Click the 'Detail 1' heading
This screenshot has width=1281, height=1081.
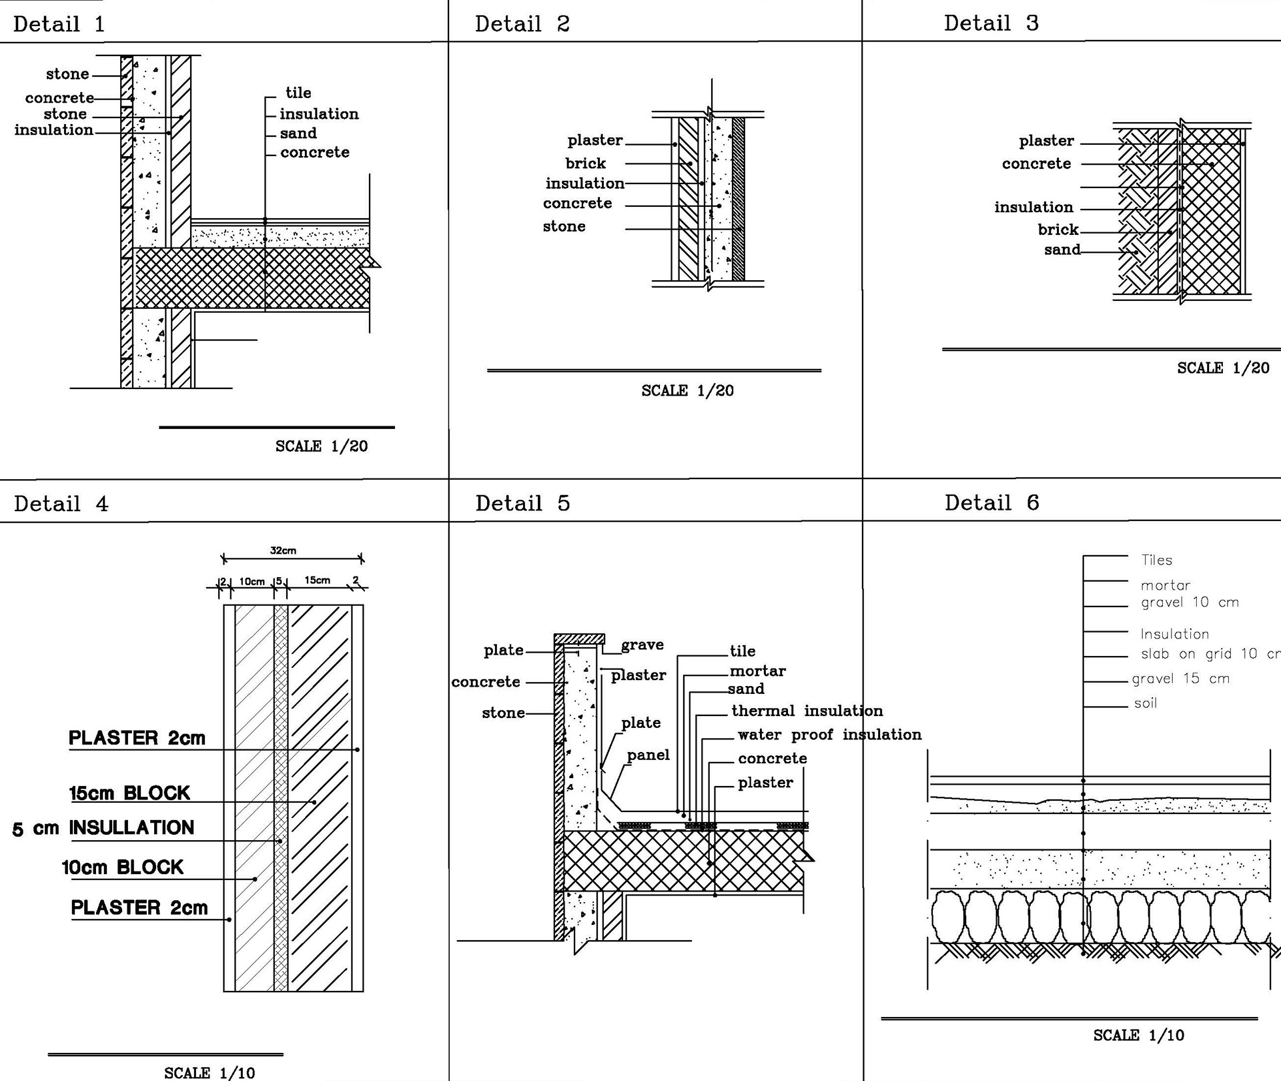[59, 25]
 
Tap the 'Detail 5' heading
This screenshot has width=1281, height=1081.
[522, 503]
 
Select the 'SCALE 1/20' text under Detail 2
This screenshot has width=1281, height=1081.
[687, 391]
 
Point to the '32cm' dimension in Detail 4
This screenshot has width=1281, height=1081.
[283, 551]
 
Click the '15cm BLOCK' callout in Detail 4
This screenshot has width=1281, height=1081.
[129, 793]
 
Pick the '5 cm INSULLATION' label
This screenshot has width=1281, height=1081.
[103, 828]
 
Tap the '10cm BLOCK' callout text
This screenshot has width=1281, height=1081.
[122, 867]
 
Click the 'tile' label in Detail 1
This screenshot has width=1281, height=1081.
[298, 93]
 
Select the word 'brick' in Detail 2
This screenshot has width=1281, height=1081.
[585, 163]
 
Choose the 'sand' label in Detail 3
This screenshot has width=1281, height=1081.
[1062, 250]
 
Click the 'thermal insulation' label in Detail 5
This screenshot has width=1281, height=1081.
[807, 711]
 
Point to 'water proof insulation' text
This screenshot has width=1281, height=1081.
[829, 735]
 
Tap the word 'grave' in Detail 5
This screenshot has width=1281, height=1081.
[642, 645]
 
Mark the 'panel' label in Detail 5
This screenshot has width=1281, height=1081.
[648, 755]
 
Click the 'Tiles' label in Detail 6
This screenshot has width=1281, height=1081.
[1156, 561]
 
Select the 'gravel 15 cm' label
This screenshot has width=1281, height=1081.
[1180, 679]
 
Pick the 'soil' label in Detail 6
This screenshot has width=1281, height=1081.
[1145, 703]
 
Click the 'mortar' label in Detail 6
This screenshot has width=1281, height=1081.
[1165, 585]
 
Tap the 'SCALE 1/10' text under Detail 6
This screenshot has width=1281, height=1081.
[1138, 1036]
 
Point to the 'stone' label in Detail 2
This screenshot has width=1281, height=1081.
[564, 227]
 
